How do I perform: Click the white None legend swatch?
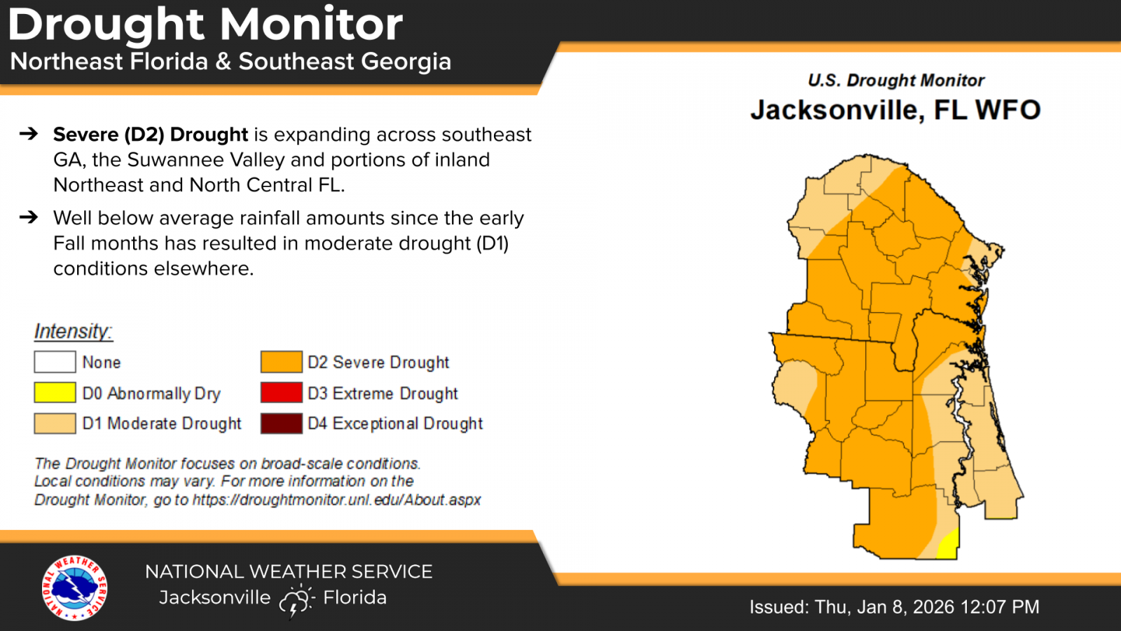coord(55,362)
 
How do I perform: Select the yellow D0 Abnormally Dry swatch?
coord(55,393)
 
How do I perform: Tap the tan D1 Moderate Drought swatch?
coord(55,423)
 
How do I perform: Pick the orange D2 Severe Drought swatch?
coord(281,362)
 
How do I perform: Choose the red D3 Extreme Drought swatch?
coord(281,393)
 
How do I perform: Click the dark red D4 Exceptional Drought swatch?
coord(281,423)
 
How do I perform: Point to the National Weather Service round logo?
coord(74,588)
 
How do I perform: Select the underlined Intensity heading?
coord(74,332)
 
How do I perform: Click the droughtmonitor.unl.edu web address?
coord(337,500)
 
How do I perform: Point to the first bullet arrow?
coord(29,134)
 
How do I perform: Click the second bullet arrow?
coord(29,217)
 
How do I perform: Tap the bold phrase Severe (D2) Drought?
coord(151,135)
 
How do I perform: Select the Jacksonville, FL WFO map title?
coord(896,109)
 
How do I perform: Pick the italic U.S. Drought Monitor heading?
coord(896,80)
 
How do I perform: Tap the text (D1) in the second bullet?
coord(493,243)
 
